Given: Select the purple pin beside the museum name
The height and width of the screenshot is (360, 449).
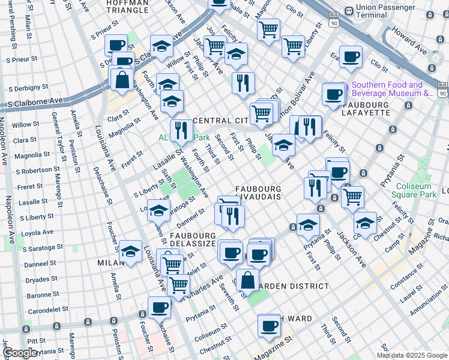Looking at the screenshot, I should (343, 85).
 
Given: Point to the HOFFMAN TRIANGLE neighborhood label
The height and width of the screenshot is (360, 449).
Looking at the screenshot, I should (127, 7).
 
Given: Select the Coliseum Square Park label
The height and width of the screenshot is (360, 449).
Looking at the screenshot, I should (413, 190).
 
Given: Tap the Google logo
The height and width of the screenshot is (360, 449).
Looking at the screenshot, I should (20, 352).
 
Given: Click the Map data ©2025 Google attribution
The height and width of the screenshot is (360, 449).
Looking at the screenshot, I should (412, 355).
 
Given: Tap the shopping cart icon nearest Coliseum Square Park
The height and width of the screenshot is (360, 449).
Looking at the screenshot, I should (352, 196).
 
